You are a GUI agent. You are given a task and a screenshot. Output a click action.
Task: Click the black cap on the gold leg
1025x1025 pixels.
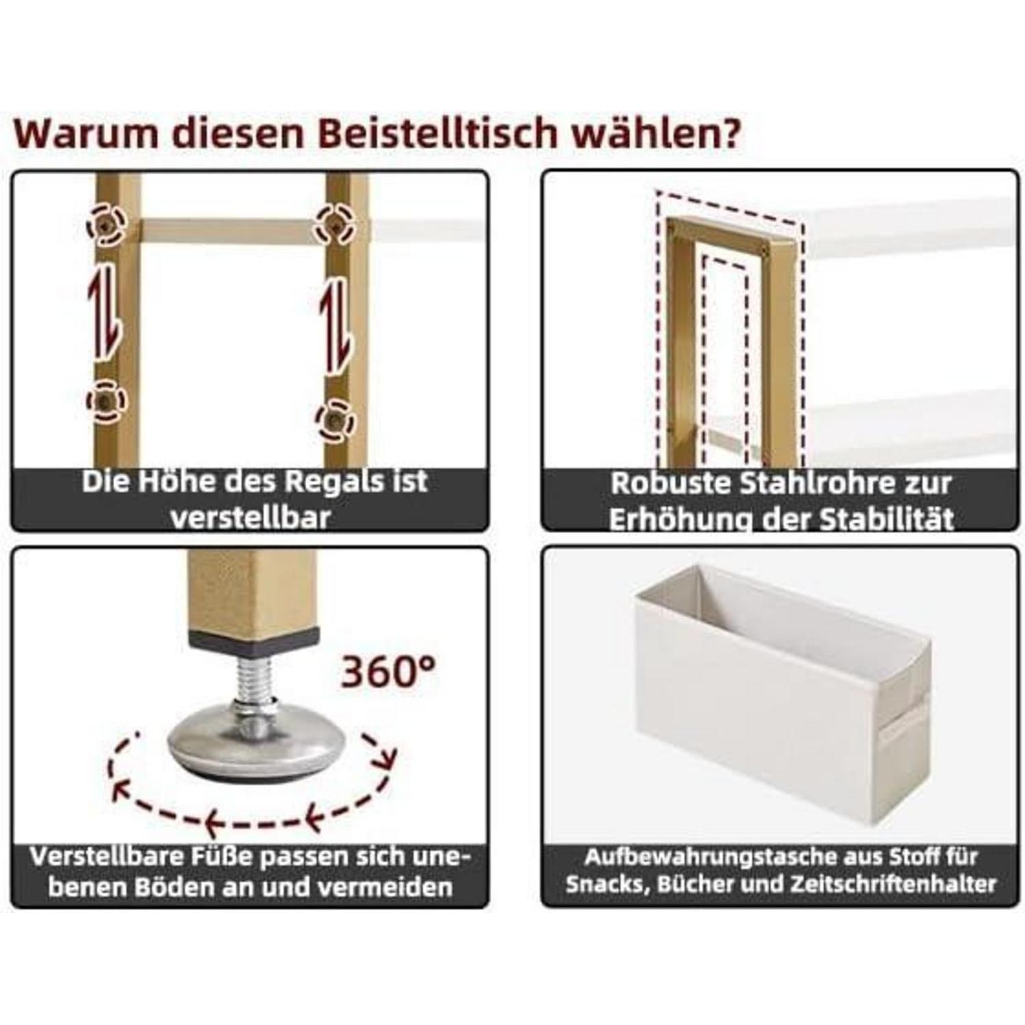point(254,637)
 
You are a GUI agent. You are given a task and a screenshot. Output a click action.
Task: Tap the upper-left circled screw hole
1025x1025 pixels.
point(107,223)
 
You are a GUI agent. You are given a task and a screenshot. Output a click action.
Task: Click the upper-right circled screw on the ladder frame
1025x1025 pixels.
point(335,223)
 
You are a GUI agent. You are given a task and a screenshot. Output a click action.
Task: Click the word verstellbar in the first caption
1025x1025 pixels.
point(250,517)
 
